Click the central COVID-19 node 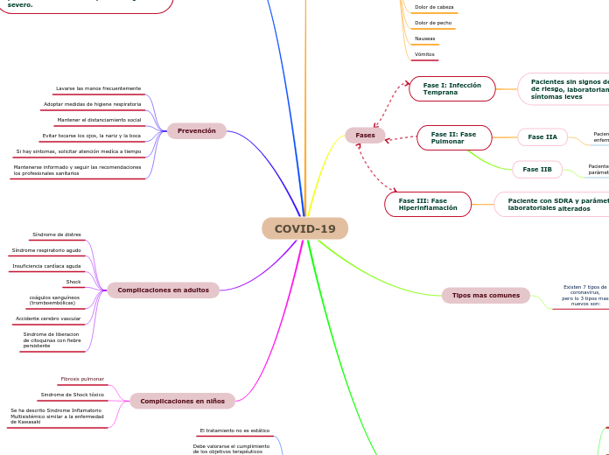(304, 229)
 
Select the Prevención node (197, 130)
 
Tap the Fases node (365, 136)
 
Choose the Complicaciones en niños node (182, 401)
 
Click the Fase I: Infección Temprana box (451, 88)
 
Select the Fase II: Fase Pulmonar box (454, 137)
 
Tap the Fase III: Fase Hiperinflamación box (428, 204)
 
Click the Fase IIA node (542, 136)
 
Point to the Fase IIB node (537, 169)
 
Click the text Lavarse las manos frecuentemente (98, 88)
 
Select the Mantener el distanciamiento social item (99, 120)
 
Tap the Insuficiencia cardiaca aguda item (46, 266)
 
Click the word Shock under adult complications (73, 282)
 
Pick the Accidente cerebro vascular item (48, 318)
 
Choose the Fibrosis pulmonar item (82, 379)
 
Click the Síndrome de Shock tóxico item (73, 395)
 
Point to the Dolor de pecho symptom (433, 23)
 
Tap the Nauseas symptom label (424, 38)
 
